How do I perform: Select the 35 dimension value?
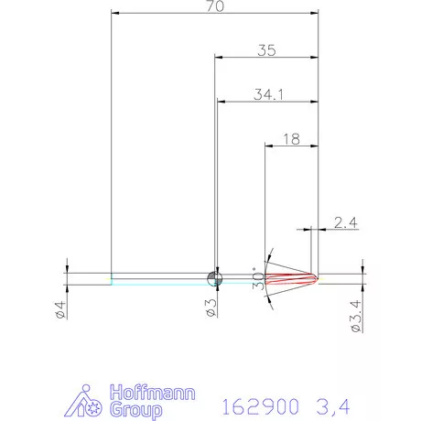[267, 51]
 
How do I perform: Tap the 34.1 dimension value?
[267, 93]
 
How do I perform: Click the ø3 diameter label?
[210, 308]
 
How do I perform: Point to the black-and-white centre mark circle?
[215, 278]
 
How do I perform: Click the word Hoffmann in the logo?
[147, 388]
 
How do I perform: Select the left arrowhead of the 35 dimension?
[219, 57]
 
